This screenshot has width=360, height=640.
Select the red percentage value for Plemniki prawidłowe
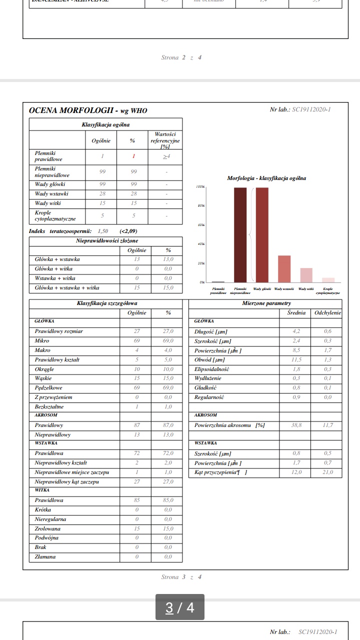pyautogui.click(x=134, y=156)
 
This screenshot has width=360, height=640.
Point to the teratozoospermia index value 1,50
pyautogui.click(x=103, y=231)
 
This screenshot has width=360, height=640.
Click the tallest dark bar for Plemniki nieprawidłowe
pyautogui.click(x=240, y=235)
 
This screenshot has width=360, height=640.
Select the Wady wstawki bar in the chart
pyautogui.click(x=284, y=269)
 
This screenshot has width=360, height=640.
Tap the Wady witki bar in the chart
pyautogui.click(x=306, y=275)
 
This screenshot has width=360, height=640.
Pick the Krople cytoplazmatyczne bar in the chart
pyautogui.click(x=328, y=280)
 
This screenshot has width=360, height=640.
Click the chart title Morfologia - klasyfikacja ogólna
pyautogui.click(x=266, y=178)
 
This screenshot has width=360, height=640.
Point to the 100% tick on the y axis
pyautogui.click(x=200, y=187)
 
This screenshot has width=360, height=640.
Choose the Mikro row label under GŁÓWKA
pyautogui.click(x=42, y=340)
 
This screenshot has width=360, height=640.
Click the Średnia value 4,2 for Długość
pyautogui.click(x=296, y=331)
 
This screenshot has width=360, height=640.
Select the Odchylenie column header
pyautogui.click(x=327, y=312)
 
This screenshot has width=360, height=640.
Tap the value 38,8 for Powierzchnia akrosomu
pyautogui.click(x=296, y=425)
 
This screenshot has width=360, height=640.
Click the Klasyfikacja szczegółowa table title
pyautogui.click(x=107, y=303)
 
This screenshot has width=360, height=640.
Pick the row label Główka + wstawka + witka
pyautogui.click(x=67, y=287)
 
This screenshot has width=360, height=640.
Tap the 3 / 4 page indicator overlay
pyautogui.click(x=180, y=607)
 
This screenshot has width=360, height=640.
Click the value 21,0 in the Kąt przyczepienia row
pyautogui.click(x=327, y=472)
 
